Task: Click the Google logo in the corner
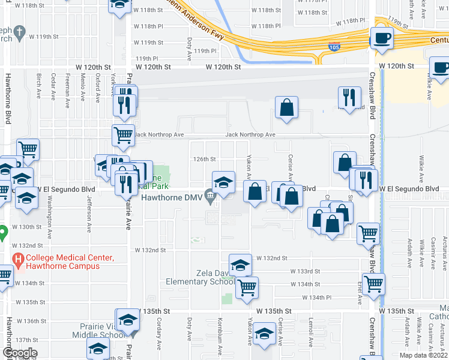pos(19,353)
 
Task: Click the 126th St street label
pos(203,159)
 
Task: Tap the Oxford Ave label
pos(97,86)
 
